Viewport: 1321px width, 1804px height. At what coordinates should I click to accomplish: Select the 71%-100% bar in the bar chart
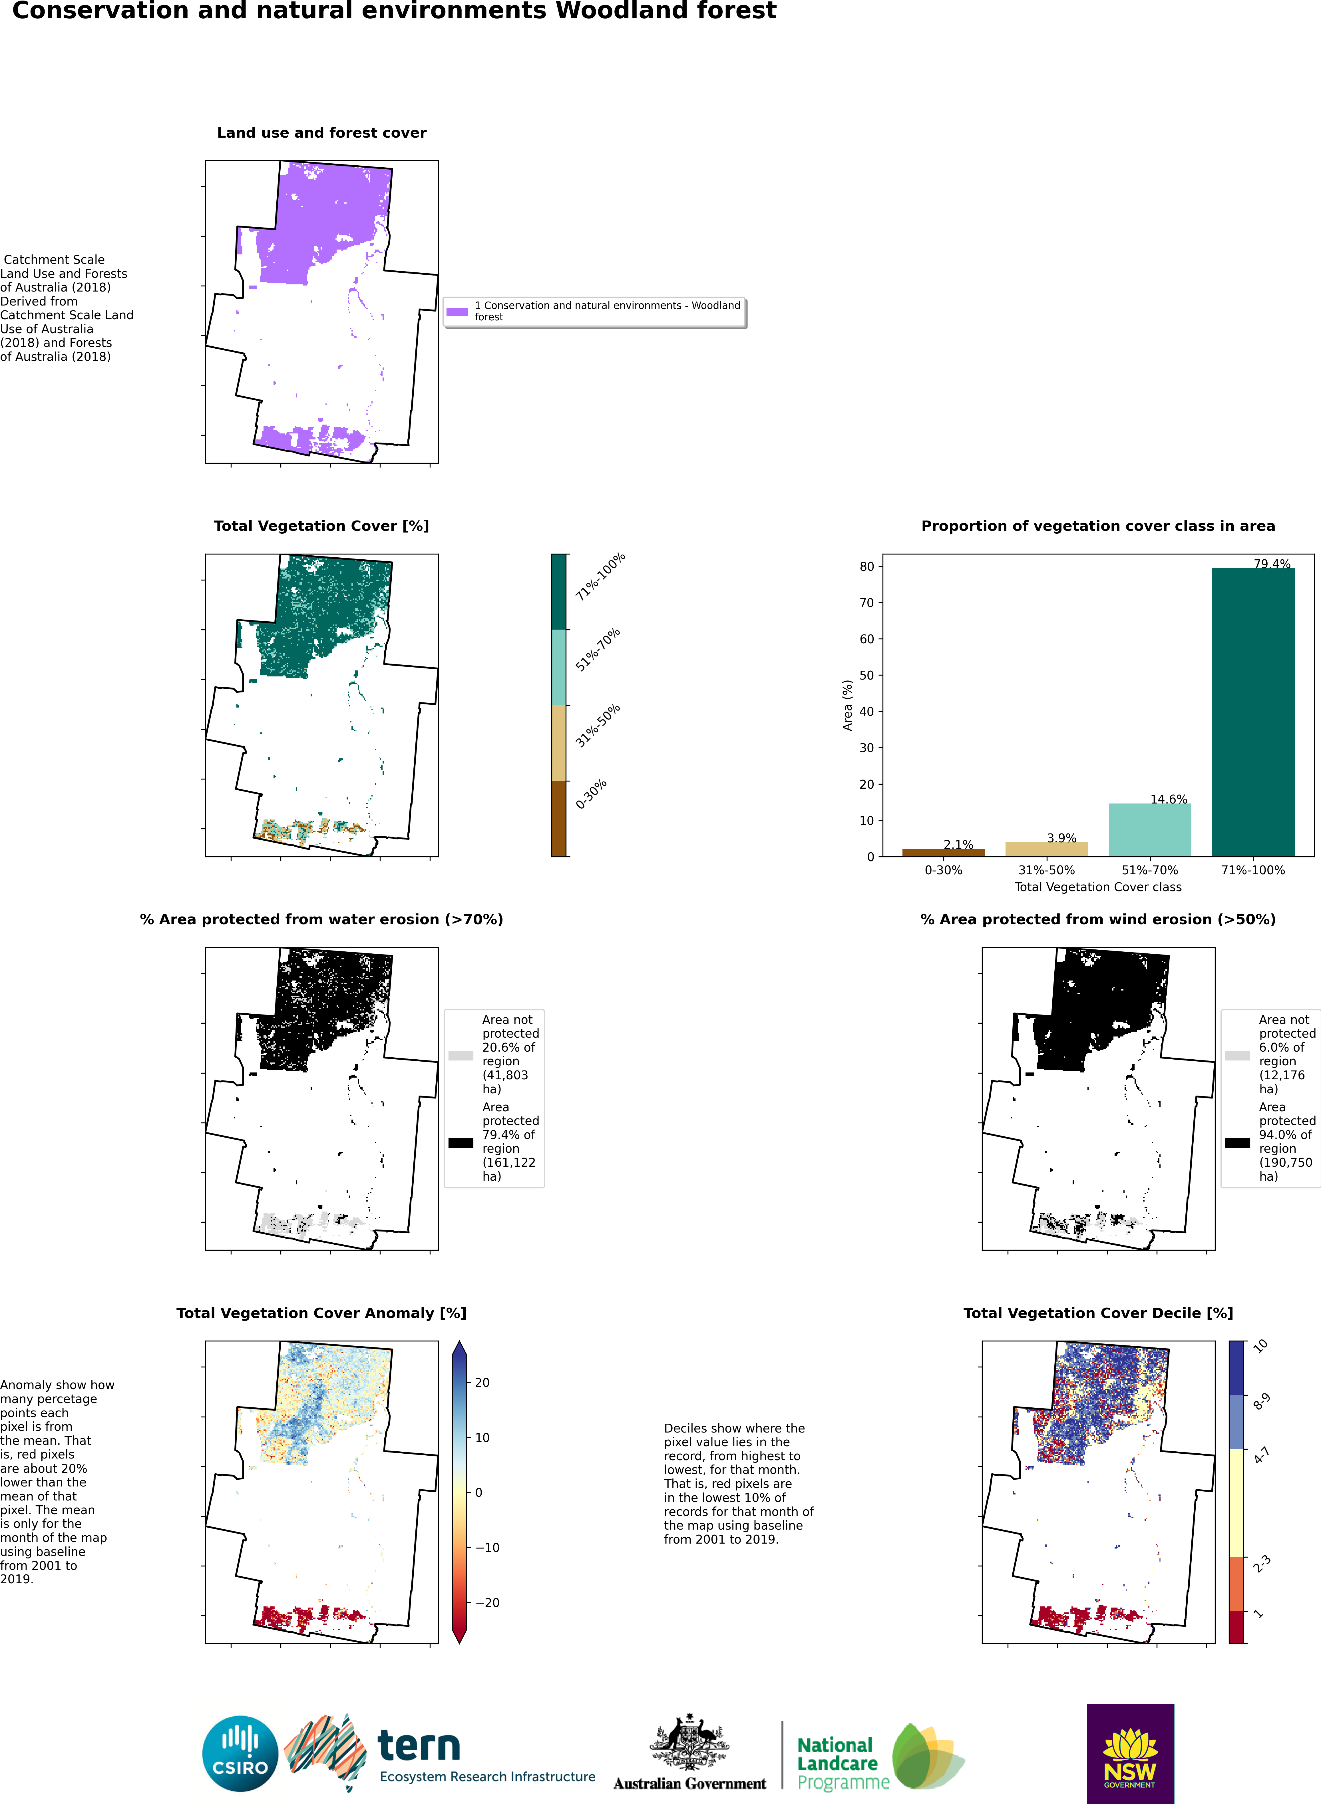point(1253,712)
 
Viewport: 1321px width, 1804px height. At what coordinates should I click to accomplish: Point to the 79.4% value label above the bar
point(1271,564)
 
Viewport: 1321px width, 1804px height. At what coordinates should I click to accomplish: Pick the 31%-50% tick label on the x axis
point(1046,870)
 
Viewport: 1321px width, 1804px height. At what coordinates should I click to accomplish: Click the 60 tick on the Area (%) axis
point(867,639)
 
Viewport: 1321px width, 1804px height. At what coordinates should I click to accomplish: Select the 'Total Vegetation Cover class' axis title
point(1098,887)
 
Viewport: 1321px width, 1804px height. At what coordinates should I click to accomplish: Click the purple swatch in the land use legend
point(457,312)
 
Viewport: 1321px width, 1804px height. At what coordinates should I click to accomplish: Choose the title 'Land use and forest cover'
point(321,133)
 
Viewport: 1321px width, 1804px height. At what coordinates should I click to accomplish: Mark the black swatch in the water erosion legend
point(461,1143)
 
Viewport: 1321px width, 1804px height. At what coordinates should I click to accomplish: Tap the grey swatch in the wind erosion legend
point(1237,1056)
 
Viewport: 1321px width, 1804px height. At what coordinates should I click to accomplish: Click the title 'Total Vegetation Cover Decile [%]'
point(1098,1313)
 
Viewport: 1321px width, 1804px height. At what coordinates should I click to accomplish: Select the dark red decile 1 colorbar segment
point(1236,1626)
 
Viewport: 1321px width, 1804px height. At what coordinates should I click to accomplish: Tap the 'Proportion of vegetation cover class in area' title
point(1098,526)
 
